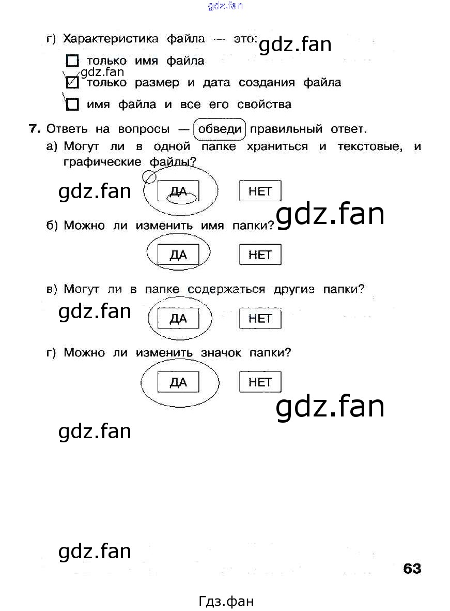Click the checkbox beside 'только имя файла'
tap(73, 61)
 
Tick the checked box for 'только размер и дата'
tap(73, 83)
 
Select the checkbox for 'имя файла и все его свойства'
tap(73, 105)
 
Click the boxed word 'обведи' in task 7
tap(220, 129)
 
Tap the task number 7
tap(34, 129)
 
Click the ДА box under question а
tap(178, 192)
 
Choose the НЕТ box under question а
tap(260, 191)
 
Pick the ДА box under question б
tap(178, 255)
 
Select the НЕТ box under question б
tap(260, 255)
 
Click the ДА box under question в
tap(178, 319)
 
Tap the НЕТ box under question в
tap(260, 319)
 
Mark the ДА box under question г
tap(178, 383)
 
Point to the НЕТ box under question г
tap(260, 382)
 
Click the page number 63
tap(412, 569)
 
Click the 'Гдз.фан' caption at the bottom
tap(226, 601)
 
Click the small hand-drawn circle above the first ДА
tap(149, 177)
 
